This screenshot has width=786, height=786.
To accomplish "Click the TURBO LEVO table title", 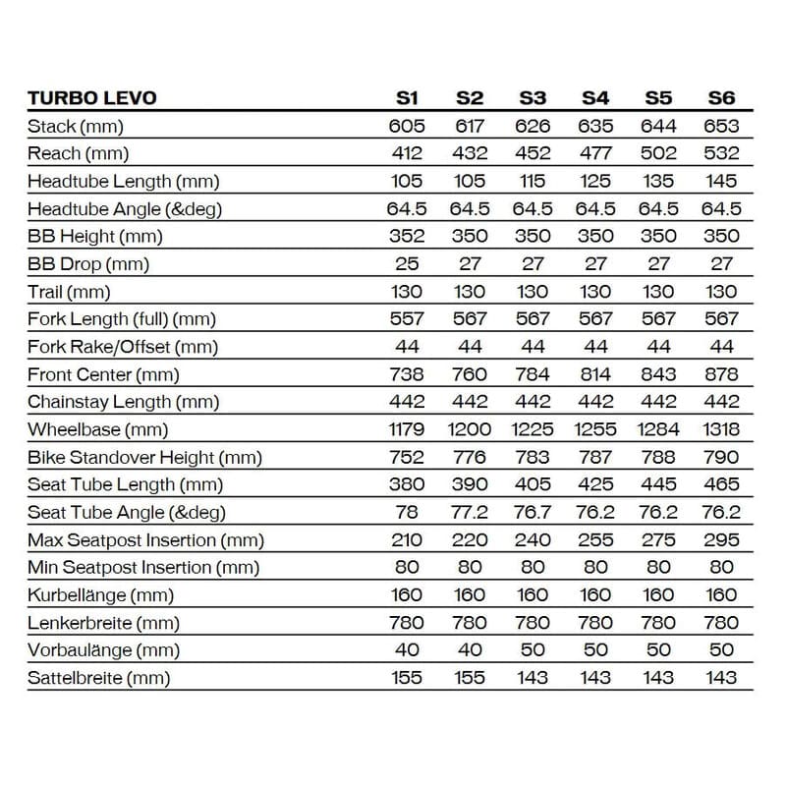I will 91,97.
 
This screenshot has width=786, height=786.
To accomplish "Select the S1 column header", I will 407,97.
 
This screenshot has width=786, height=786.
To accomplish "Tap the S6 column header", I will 721,97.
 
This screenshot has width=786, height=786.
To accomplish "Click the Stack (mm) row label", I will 76,126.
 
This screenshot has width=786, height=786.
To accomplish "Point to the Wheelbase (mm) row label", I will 98,429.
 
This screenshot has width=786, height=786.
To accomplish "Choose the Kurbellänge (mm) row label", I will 101,594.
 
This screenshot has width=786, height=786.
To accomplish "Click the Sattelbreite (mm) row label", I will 98,678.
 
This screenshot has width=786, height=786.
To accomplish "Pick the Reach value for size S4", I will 595,153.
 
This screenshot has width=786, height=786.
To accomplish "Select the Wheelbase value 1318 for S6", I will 721,429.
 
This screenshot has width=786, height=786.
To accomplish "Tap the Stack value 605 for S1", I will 407,126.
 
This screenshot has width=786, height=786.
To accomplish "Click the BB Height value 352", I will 407,236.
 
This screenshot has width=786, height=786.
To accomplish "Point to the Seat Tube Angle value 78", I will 407,512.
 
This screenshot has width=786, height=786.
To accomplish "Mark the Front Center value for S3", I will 533,374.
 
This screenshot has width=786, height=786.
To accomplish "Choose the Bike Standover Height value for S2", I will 470,457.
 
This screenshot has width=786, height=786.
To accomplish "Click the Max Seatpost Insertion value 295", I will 721,539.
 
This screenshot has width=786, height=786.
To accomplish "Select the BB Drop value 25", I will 407,263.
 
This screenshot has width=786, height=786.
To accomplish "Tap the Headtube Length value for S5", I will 658,181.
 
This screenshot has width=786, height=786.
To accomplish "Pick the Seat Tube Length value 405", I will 533,484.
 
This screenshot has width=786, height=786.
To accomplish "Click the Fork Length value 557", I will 407,318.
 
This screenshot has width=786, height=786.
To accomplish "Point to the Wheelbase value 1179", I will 407,429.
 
